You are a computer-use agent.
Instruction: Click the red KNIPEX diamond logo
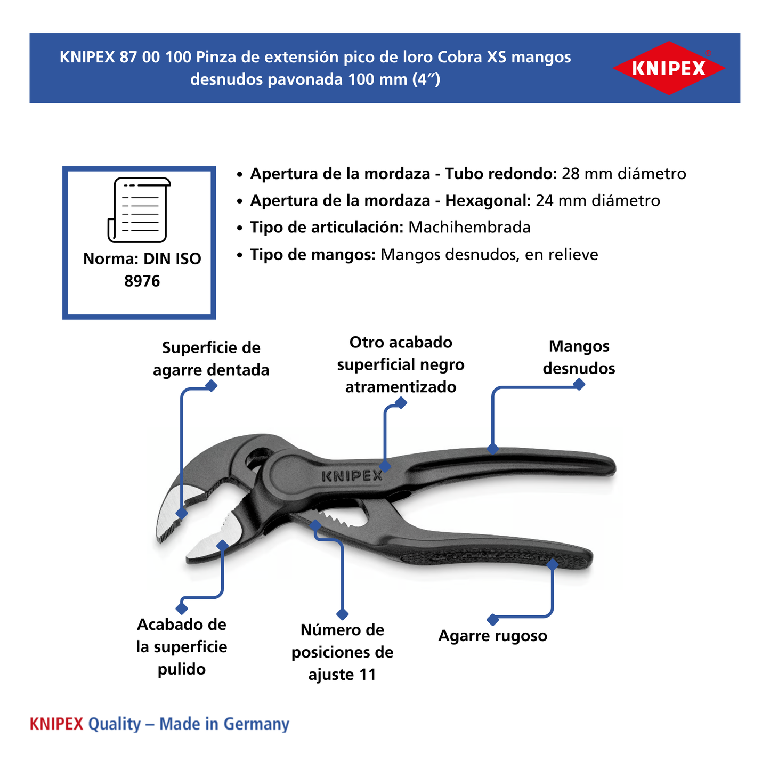click(x=668, y=68)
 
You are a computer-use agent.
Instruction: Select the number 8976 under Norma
click(x=142, y=281)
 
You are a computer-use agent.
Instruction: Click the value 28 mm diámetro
click(x=623, y=174)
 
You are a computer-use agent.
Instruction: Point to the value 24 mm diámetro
click(x=597, y=201)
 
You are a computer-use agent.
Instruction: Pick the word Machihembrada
click(x=469, y=228)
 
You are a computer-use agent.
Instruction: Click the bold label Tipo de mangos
click(x=313, y=255)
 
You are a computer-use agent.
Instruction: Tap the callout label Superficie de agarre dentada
click(x=211, y=359)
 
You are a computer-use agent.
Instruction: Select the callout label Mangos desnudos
click(x=579, y=357)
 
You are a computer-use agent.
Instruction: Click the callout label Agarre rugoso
click(x=492, y=636)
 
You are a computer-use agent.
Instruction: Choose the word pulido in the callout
click(x=181, y=669)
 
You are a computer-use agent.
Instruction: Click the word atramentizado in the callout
click(x=401, y=387)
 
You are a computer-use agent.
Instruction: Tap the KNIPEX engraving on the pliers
click(x=352, y=476)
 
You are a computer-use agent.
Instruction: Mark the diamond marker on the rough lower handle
click(x=553, y=564)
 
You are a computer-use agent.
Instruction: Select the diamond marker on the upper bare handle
click(x=493, y=449)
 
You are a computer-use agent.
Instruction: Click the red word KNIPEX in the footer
click(x=56, y=724)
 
